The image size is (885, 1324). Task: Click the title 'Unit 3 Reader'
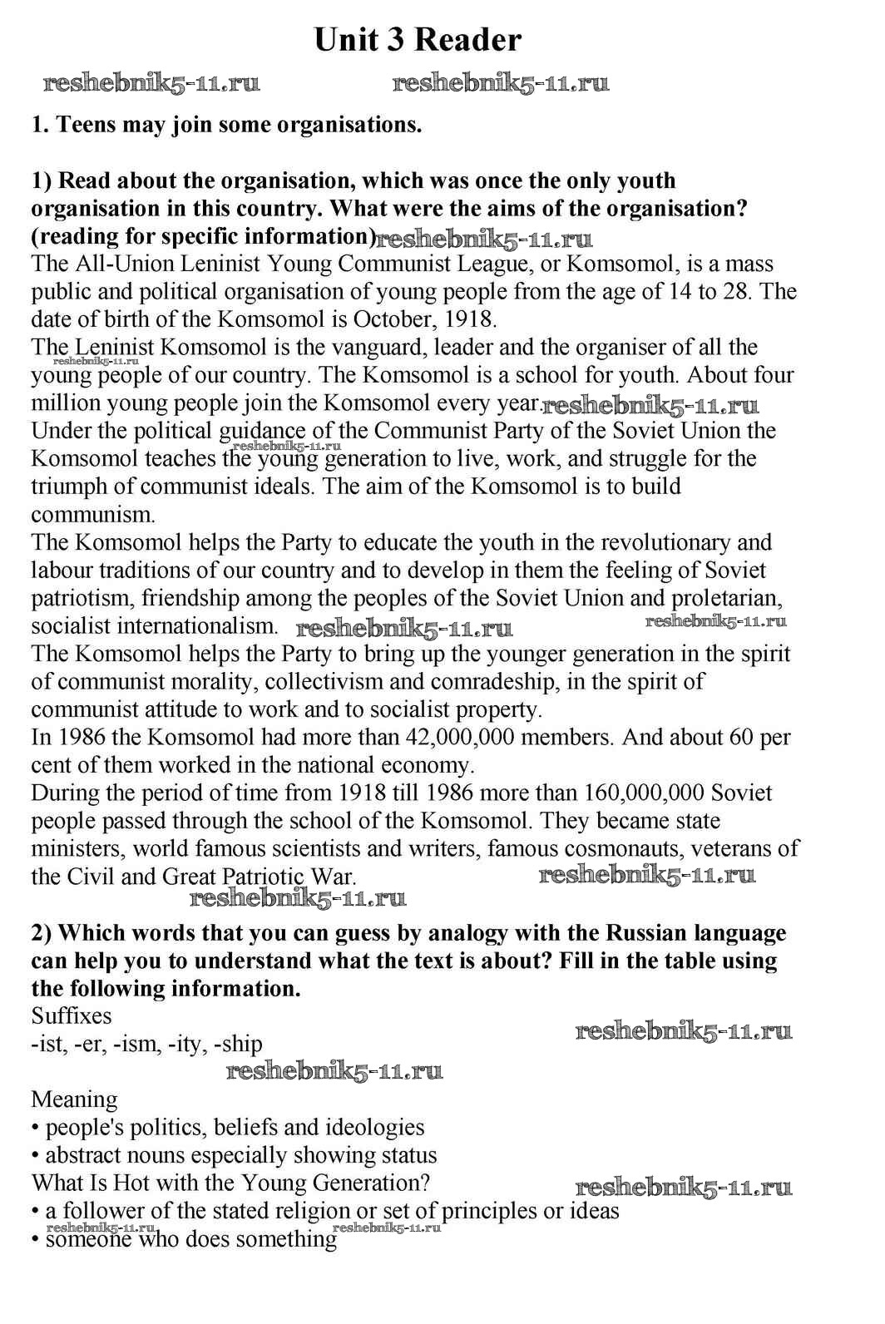418,40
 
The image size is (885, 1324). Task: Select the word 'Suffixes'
72,1016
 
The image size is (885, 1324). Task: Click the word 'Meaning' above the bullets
74,1100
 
